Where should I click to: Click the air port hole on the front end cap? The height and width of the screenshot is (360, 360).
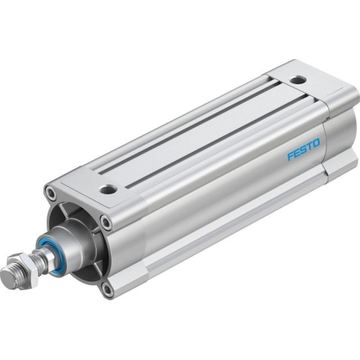[x=108, y=190]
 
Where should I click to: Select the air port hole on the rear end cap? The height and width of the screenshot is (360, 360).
[x=297, y=81]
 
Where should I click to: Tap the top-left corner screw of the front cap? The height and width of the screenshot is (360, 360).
[x=50, y=193]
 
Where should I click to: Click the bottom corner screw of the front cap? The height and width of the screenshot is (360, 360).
[x=108, y=290]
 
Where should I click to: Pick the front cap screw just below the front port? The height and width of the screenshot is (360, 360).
[x=106, y=223]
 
